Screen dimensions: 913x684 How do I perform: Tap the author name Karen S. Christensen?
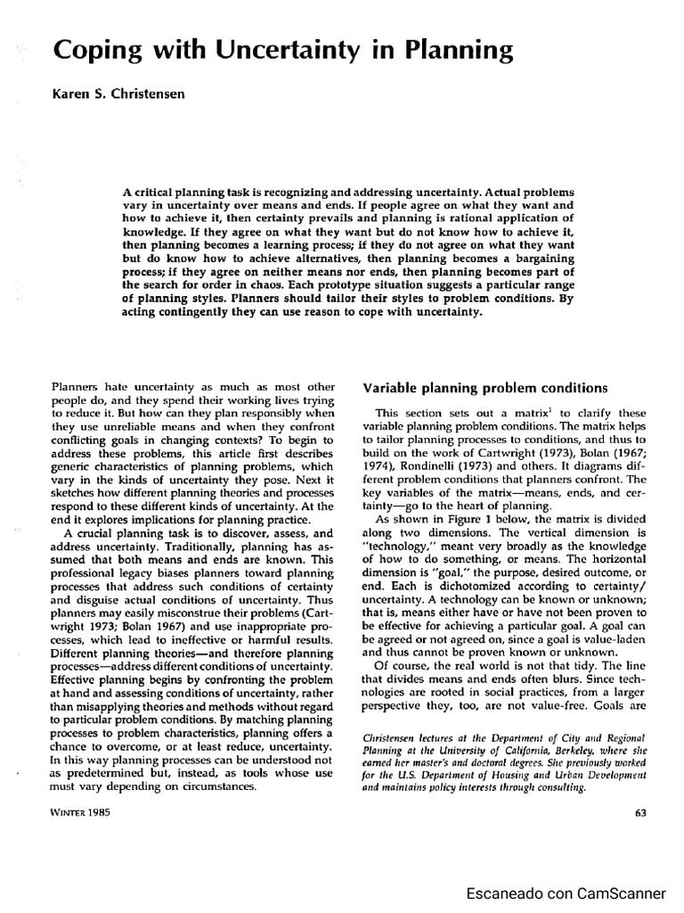tap(118, 95)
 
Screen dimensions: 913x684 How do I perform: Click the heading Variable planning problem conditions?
tap(485, 388)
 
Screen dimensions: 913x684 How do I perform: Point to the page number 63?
tap(639, 811)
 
